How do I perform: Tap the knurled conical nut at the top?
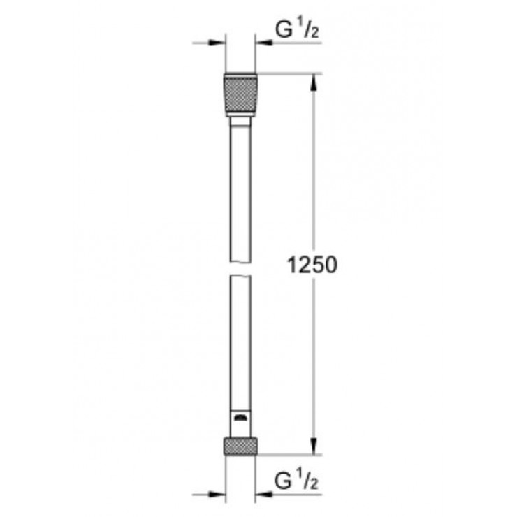241,95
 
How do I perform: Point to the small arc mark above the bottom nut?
241,419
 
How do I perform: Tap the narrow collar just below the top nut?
241,122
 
